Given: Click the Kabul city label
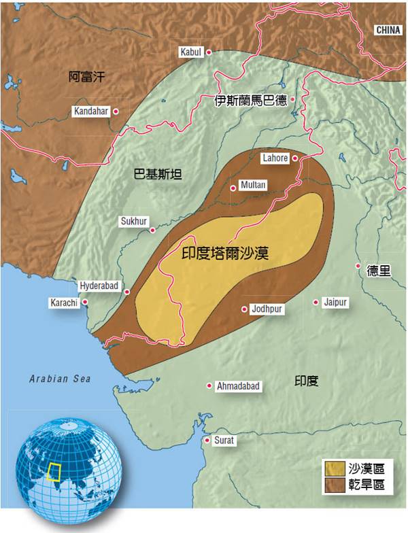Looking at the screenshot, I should coord(190,52).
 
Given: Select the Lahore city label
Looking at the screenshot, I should coord(275,158).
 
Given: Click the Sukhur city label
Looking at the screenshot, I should coord(133,221).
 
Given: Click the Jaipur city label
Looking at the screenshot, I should coord(335,301).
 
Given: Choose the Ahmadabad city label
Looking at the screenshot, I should coord(237,386).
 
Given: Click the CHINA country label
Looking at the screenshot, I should coord(388,30).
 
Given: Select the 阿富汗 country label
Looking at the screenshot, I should coord(88,77).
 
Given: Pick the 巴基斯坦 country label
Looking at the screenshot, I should coord(158,174).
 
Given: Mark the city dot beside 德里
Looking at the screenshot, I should coord(358,266).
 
